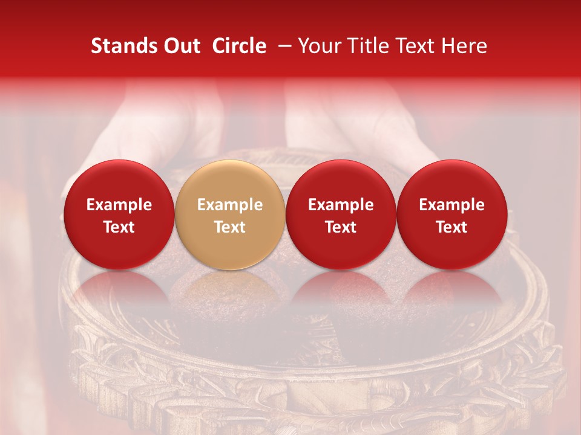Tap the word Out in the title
pyautogui.click(x=180, y=47)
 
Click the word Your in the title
pyautogui.click(x=318, y=47)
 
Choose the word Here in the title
pyautogui.click(x=463, y=47)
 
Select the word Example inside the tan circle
pyautogui.click(x=230, y=205)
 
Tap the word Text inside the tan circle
pyautogui.click(x=230, y=227)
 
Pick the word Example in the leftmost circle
pyautogui.click(x=119, y=205)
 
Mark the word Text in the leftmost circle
pyautogui.click(x=119, y=227)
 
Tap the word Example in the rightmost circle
pyautogui.click(x=452, y=205)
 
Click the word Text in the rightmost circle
pyautogui.click(x=452, y=227)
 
